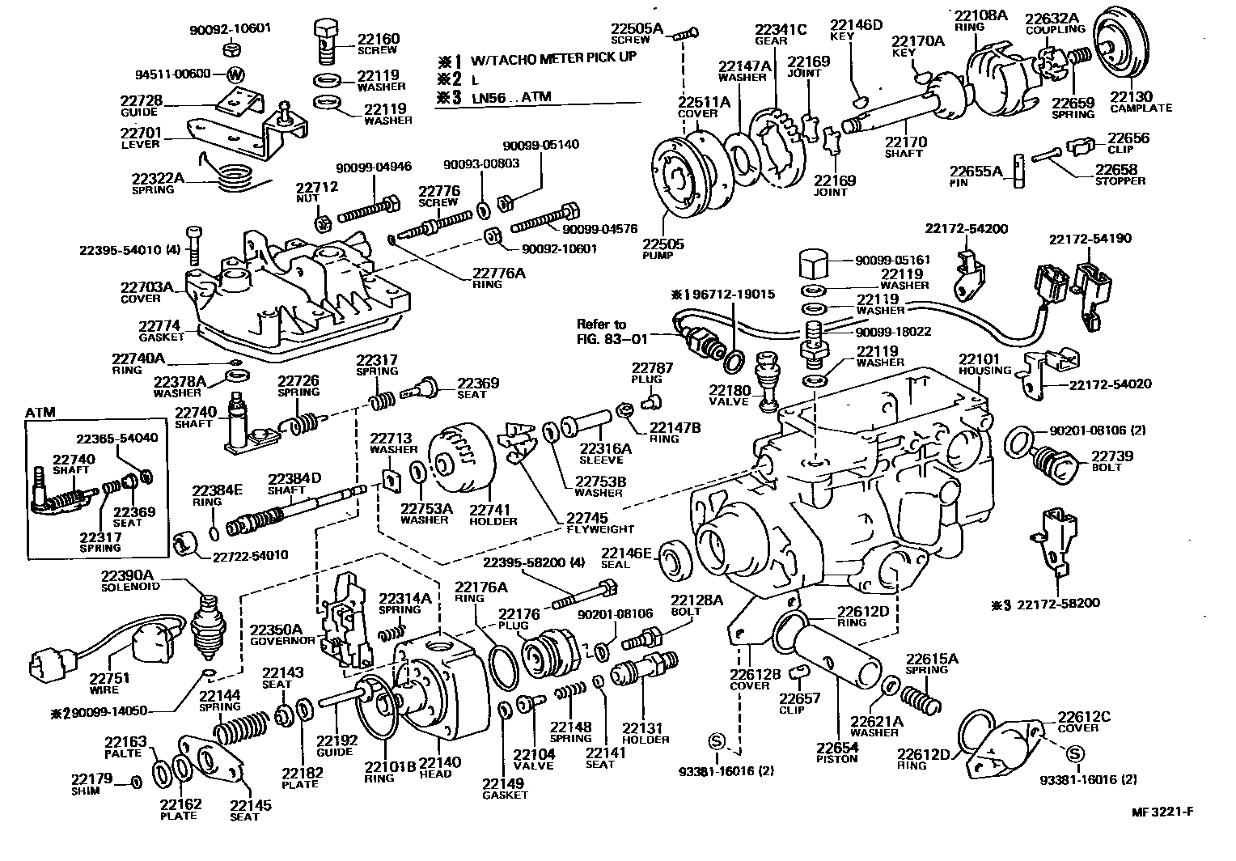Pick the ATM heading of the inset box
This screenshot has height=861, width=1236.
40,412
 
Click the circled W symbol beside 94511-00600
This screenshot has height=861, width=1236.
235,74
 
